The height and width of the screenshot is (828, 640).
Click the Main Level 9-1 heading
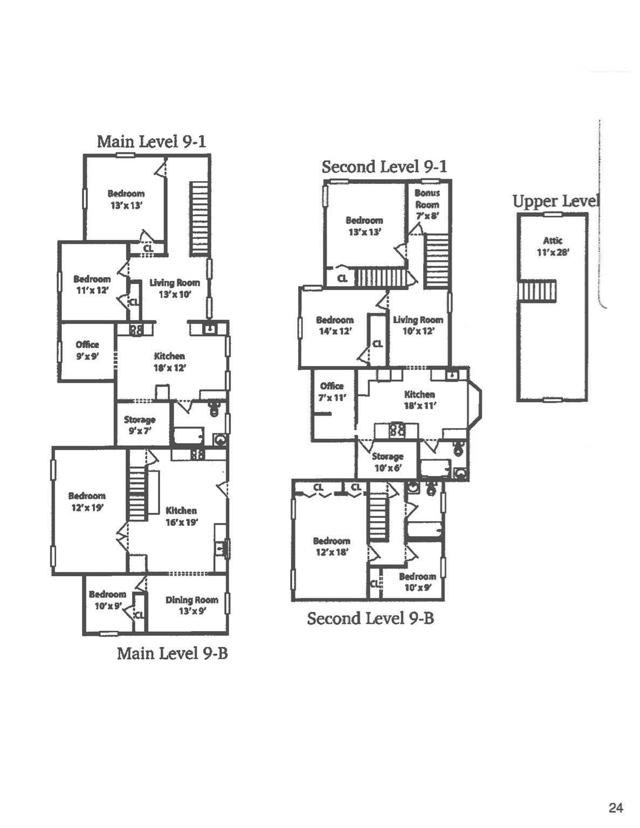[x=151, y=142]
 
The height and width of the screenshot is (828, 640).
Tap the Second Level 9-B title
[x=370, y=618]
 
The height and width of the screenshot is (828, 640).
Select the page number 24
[x=616, y=808]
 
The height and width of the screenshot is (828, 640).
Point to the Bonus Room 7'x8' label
[x=427, y=204]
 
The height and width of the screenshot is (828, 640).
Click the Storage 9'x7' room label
[x=140, y=425]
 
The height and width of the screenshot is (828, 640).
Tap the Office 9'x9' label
[x=87, y=350]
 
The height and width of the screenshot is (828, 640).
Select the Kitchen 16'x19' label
[x=181, y=516]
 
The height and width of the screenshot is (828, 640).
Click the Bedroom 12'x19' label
[x=87, y=501]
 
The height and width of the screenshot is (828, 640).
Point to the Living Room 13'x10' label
[x=175, y=288]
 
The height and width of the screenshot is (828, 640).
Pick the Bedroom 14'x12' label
[x=335, y=326]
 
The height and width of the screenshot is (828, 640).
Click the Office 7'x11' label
[x=332, y=391]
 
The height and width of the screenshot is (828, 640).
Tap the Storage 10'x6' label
[x=388, y=462]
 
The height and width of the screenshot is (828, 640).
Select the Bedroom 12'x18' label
[x=332, y=546]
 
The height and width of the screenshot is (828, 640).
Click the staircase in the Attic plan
[x=536, y=291]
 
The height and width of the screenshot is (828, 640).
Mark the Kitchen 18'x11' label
[x=419, y=400]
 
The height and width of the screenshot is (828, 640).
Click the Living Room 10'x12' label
[x=418, y=325]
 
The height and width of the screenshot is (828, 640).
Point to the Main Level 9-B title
[x=173, y=653]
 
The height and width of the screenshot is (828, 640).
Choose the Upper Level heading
[x=555, y=202]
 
